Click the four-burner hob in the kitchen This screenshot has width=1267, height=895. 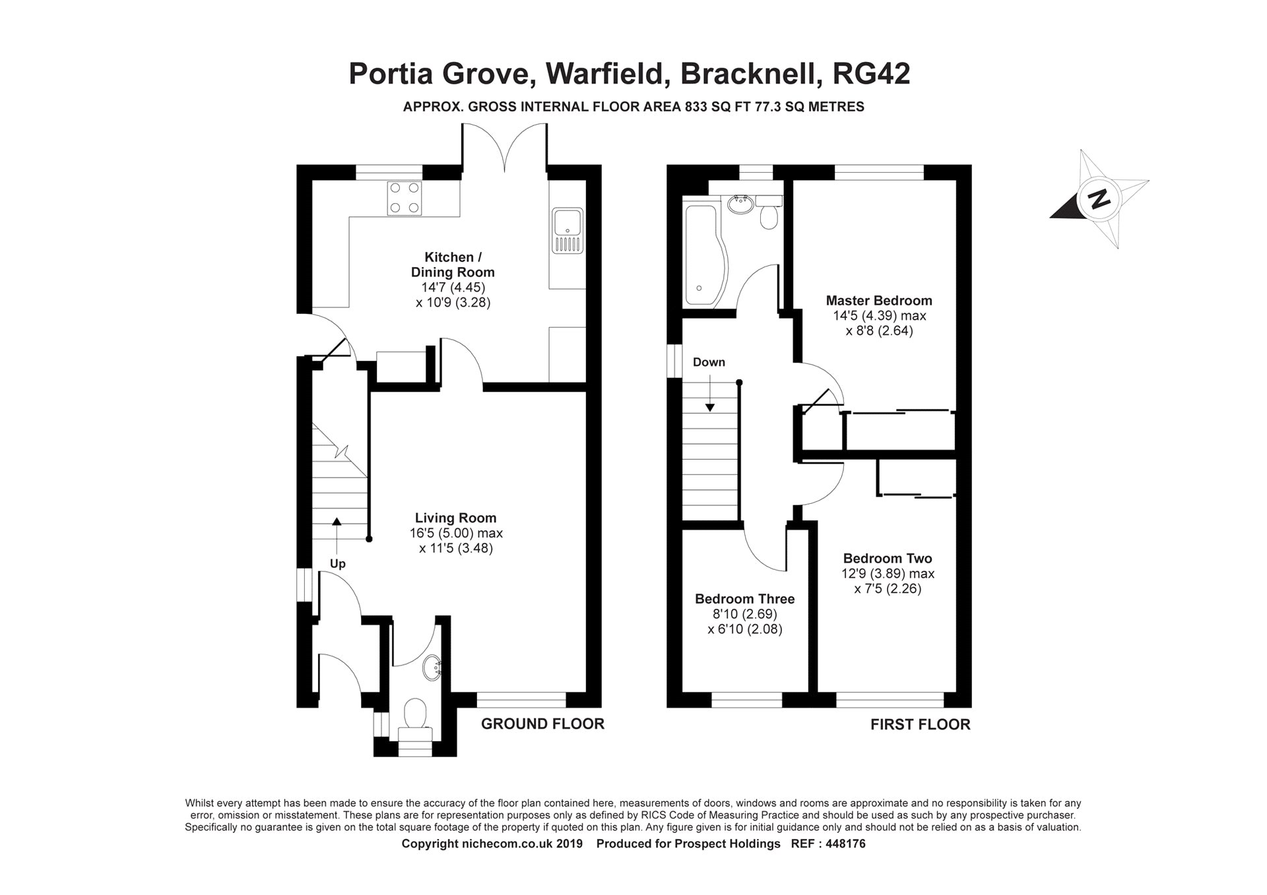[x=405, y=197]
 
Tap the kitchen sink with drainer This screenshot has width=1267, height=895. [x=568, y=231]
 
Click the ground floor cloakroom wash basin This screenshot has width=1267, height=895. [x=434, y=667]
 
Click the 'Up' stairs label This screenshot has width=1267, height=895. [x=337, y=564]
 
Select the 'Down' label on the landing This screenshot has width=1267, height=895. [x=709, y=362]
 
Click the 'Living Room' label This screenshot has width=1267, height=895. [x=455, y=518]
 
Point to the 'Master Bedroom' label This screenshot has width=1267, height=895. [x=879, y=301]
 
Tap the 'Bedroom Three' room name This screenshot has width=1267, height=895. [x=744, y=599]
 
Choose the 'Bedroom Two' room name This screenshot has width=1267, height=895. [x=888, y=559]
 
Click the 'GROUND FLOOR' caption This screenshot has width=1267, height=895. [x=542, y=724]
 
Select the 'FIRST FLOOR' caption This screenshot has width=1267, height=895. [x=920, y=725]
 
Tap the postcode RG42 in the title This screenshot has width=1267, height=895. [x=872, y=74]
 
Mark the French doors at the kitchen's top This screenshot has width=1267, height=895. [x=505, y=148]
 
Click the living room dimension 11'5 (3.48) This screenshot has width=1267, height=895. [x=456, y=548]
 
